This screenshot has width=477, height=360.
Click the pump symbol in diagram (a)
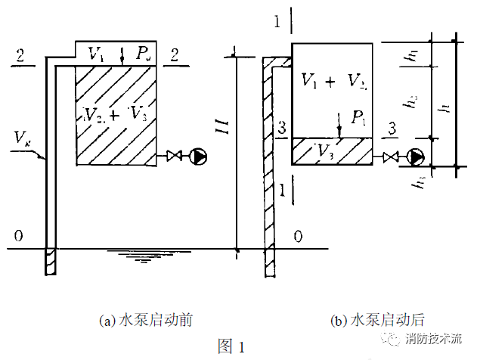(199, 157)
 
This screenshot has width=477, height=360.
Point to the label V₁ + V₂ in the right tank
(332, 80)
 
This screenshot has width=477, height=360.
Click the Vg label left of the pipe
(23, 138)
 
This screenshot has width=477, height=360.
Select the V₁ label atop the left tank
(96, 54)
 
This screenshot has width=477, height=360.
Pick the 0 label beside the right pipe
(298, 237)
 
